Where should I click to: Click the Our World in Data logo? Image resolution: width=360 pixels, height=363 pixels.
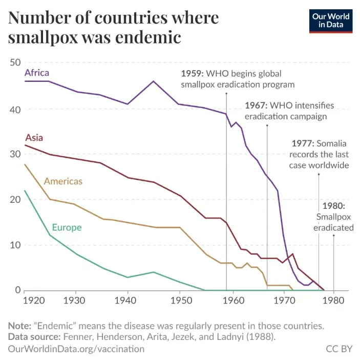[x=330, y=20]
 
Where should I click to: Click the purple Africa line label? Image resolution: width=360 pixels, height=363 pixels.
[x=37, y=72]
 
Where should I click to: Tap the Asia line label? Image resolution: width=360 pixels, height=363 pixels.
[x=34, y=137]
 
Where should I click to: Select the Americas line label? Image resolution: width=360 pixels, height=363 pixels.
[x=63, y=181]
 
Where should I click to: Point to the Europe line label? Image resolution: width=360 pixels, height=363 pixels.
[x=67, y=227]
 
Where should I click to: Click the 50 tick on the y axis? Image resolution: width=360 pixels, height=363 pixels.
[x=14, y=62]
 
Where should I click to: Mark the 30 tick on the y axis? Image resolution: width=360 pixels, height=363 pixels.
[x=14, y=154]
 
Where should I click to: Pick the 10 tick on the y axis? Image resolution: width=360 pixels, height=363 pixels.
[x=14, y=245]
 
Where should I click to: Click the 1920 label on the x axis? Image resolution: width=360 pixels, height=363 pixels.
[x=23, y=300]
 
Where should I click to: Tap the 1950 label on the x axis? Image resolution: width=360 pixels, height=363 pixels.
[x=180, y=300]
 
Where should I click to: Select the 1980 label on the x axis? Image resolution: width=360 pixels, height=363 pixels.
[x=334, y=300]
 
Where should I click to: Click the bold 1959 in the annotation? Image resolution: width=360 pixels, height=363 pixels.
[x=192, y=73]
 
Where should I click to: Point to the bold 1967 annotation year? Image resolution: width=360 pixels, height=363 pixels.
[x=255, y=105]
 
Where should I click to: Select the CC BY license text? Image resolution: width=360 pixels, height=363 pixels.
[x=339, y=349]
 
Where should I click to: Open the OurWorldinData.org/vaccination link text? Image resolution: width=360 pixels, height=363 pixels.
[x=76, y=349]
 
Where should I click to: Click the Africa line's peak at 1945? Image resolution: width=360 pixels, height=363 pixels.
[x=154, y=81]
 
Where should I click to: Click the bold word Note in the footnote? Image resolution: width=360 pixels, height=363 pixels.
[x=18, y=326]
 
